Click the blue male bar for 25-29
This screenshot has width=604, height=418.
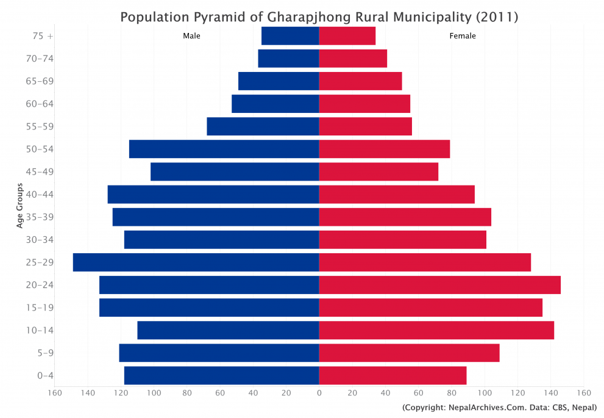tap(196, 262)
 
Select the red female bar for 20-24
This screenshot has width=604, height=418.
tap(439, 285)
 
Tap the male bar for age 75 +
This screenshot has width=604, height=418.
tap(290, 36)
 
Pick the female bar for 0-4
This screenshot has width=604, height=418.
tap(393, 375)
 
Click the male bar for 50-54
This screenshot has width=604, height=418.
tap(224, 149)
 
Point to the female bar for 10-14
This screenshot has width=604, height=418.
tap(436, 330)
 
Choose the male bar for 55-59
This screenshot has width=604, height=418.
tap(263, 126)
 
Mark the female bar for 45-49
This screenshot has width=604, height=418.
tap(378, 172)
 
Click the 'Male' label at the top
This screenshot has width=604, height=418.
tap(191, 36)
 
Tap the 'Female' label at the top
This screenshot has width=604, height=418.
tap(463, 36)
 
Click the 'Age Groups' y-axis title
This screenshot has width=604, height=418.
tap(20, 206)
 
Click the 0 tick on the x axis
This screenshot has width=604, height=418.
tap(319, 392)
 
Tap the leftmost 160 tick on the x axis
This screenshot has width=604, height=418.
tap(55, 392)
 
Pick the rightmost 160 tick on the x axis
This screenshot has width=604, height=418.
tap(583, 392)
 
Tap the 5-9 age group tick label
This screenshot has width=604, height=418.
tap(45, 353)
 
